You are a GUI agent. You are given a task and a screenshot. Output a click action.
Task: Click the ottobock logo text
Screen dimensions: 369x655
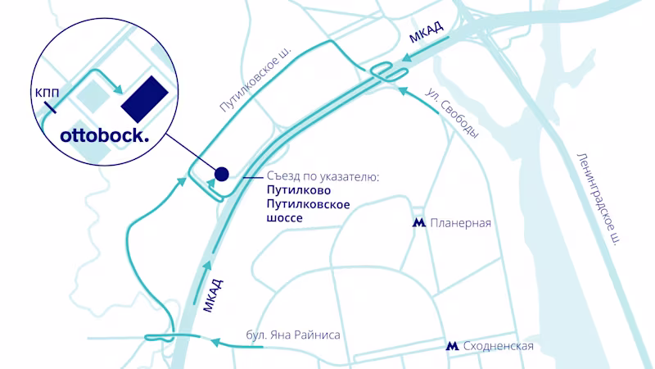pos(103,134)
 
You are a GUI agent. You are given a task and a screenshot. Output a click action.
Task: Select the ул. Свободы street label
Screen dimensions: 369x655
pos(452,113)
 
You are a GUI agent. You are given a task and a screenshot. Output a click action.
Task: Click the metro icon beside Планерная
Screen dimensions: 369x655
pos(418,223)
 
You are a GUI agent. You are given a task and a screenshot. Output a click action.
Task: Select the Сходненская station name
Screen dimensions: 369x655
pos(498,346)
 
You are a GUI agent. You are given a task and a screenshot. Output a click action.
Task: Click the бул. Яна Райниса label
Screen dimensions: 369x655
pos(292,335)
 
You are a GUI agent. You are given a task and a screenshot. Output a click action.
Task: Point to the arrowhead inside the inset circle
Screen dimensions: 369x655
pos(118,88)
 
